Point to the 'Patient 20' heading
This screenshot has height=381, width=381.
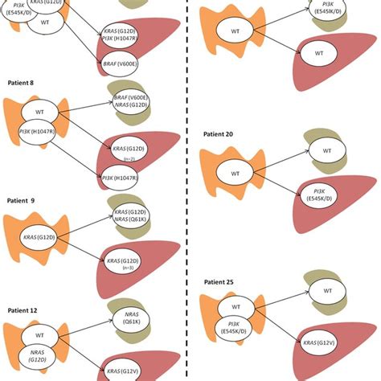click(221, 133)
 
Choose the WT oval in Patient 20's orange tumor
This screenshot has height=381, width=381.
click(236, 173)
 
